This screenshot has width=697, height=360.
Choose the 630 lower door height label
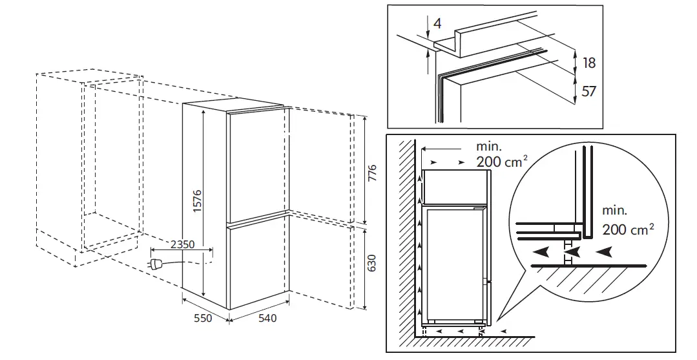click(371, 265)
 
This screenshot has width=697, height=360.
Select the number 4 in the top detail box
click(438, 23)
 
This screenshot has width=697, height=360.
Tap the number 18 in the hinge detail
click(588, 63)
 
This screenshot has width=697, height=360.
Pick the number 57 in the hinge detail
click(588, 91)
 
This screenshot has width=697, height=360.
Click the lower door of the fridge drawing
click(257, 265)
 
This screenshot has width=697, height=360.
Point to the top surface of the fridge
click(233, 105)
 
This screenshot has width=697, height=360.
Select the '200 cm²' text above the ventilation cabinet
click(497, 161)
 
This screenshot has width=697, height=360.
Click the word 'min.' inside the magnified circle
click(614, 211)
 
